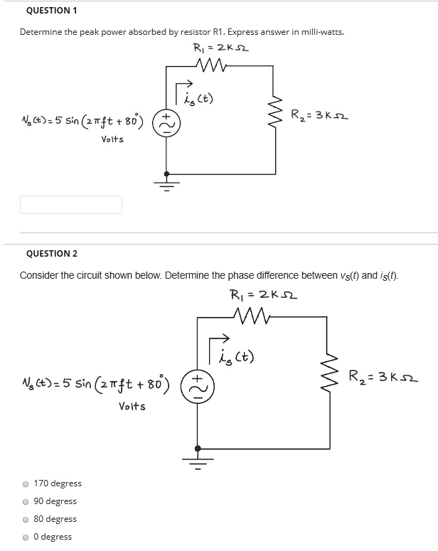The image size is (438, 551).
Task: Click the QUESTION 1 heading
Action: tap(51, 11)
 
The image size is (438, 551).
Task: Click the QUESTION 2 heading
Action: tap(52, 253)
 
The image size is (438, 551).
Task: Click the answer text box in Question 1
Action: tap(71, 205)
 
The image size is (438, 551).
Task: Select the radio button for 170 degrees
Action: tap(26, 484)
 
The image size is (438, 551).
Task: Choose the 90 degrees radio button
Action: tap(26, 502)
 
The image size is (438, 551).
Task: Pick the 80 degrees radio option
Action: tap(26, 520)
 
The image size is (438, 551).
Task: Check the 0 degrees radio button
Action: tap(26, 537)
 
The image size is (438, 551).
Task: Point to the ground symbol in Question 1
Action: tap(167, 183)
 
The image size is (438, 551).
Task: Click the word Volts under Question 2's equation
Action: tap(133, 407)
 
